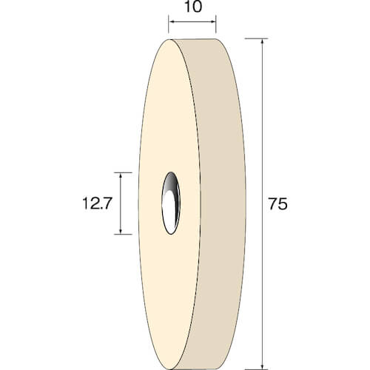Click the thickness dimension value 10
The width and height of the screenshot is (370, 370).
(x=193, y=7)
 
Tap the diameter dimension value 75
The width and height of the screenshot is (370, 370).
(x=278, y=204)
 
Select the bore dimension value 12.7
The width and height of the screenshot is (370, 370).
(x=98, y=203)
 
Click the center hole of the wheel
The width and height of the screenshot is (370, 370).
(x=171, y=203)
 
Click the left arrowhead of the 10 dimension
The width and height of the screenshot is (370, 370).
(x=172, y=21)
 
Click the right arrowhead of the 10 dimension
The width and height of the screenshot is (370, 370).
(x=213, y=21)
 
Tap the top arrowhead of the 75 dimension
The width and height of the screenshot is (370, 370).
(x=262, y=41)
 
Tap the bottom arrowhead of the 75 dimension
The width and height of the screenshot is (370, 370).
(x=262, y=366)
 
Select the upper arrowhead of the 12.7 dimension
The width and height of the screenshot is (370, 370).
(x=121, y=175)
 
